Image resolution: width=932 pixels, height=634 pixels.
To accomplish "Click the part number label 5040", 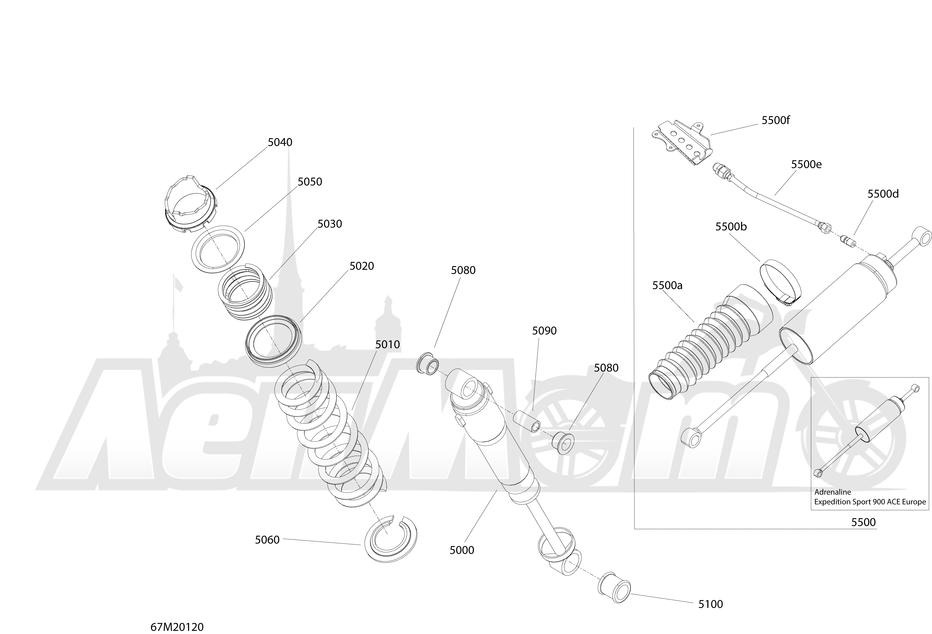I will point(280,142).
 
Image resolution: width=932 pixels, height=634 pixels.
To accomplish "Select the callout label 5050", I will point(310,182).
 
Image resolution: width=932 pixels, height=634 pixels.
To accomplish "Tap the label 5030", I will point(330,224).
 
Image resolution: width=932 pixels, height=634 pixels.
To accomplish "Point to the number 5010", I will point(387,344).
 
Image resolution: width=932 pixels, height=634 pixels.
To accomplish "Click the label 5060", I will point(267,540).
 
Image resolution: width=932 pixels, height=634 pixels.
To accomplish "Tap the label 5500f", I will point(776,120).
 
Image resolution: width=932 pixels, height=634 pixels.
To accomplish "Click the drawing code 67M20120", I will point(177,627).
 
